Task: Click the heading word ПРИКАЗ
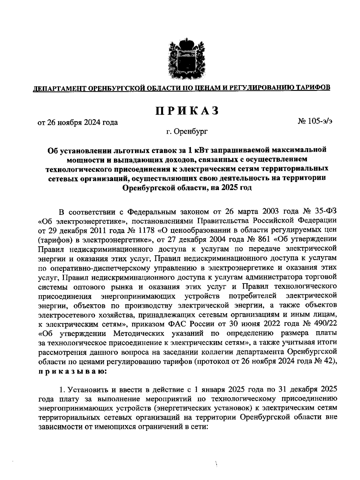(x=186, y=111)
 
